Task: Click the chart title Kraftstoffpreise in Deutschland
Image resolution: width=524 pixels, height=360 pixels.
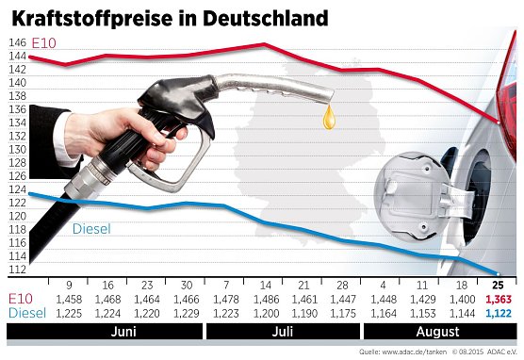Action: pos(170,17)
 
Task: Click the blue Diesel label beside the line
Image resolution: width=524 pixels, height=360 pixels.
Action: pos(91,227)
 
